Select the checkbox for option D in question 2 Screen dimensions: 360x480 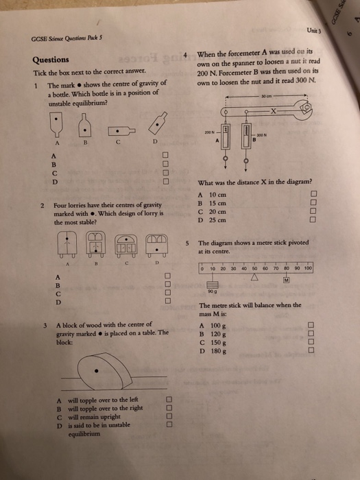(167, 302)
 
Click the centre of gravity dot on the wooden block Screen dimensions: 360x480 (96, 372)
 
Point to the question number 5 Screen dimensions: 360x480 (187, 243)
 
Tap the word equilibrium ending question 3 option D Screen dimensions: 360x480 (83, 433)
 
